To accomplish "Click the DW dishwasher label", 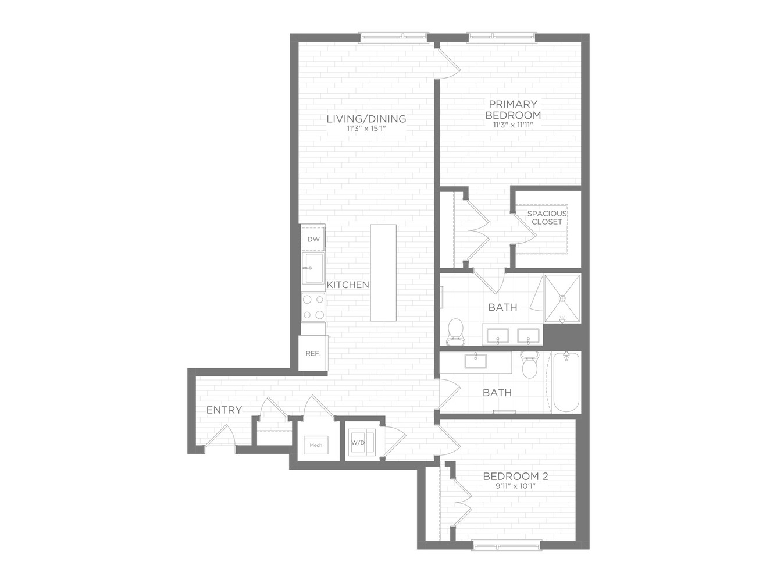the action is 313,239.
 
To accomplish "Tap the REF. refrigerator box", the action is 313,353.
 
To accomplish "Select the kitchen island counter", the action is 383,272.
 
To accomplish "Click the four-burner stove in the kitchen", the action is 313,307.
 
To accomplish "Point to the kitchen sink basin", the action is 313,268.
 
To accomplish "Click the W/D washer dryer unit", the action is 361,442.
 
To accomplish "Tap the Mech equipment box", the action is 316,445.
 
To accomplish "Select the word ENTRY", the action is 224,410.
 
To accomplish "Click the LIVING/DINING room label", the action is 366,119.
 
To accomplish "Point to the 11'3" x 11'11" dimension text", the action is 513,125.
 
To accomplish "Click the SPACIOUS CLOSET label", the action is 547,218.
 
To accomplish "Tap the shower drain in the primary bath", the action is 562,298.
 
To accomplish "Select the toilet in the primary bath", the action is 455,332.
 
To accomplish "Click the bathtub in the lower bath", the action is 566,382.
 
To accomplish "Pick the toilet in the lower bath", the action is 530,364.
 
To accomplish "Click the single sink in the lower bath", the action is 476,361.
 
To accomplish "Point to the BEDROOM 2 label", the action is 515,477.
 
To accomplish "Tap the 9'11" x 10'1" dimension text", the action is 515,486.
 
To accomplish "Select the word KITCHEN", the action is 348,285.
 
